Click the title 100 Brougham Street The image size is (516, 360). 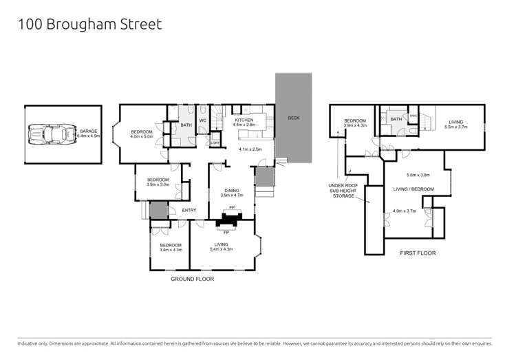tap(89, 25)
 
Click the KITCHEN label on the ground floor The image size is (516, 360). tap(245, 120)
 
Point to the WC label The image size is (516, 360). tap(203, 121)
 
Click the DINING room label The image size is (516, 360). tap(230, 191)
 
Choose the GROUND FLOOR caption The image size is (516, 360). tap(192, 279)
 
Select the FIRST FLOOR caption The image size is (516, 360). tap(418, 253)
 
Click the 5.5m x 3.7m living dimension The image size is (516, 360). tap(457, 127)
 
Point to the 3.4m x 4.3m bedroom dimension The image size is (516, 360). tap(171, 251)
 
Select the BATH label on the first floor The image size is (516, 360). tap(396, 120)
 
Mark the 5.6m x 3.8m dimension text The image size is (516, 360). tap(418, 175)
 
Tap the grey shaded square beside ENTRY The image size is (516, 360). tap(158, 211)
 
